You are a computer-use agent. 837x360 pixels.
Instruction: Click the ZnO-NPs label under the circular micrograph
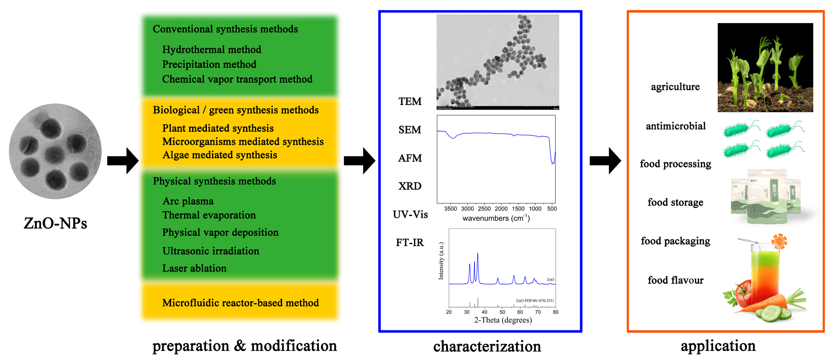tap(55, 223)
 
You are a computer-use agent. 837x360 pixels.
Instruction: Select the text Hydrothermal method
tap(211, 49)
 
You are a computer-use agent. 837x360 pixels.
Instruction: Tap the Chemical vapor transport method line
tap(237, 79)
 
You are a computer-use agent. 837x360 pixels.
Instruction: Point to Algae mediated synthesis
tap(220, 155)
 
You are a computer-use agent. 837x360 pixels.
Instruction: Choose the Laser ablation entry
tap(194, 268)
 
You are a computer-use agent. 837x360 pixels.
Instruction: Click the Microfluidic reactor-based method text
tap(240, 303)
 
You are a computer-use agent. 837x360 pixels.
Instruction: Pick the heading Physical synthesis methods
tap(214, 181)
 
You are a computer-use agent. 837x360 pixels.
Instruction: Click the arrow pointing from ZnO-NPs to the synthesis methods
tap(123, 161)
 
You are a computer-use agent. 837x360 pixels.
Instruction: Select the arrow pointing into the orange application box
tap(605, 161)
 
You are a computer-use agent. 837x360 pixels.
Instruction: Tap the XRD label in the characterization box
tap(410, 186)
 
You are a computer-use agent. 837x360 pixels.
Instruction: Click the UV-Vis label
tap(410, 214)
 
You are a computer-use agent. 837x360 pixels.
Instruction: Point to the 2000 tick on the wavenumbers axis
tap(501, 208)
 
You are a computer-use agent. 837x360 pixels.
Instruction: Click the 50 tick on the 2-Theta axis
tap(502, 312)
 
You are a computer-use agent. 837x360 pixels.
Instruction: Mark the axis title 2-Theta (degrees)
tap(503, 320)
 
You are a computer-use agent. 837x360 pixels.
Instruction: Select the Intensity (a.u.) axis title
tap(441, 261)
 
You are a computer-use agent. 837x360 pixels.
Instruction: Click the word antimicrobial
tap(675, 126)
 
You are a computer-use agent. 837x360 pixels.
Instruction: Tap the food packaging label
tap(675, 241)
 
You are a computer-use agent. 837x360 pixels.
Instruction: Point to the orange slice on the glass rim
tap(779, 242)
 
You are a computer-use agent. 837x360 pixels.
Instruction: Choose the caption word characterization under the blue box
tap(487, 347)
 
